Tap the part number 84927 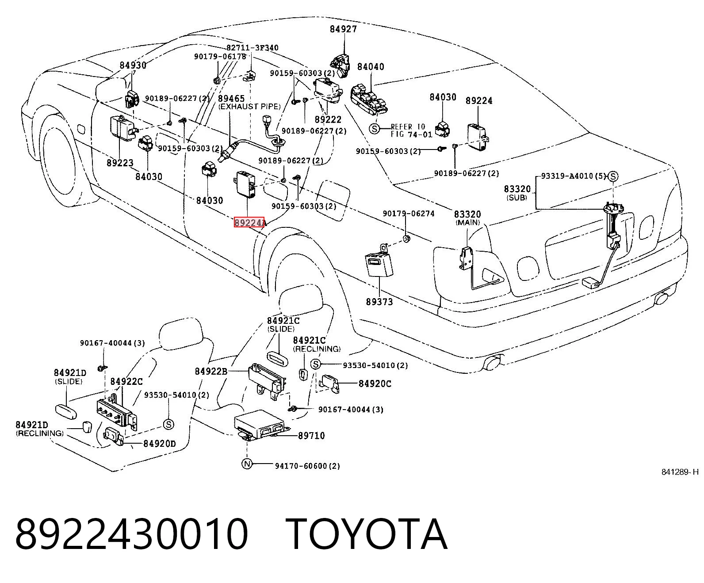point(343,29)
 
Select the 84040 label point(371,67)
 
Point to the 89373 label point(379,302)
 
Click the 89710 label point(311,436)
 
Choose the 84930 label point(133,65)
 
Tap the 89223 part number point(120,163)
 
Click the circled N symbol point(247,464)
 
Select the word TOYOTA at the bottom point(368,535)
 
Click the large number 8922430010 point(132,535)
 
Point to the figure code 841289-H point(680,472)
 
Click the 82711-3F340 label point(252,48)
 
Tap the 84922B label point(211,372)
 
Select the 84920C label point(375,384)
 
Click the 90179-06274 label point(409,214)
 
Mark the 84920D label point(160,443)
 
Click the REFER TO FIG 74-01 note point(411,130)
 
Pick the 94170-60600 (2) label point(307,466)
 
